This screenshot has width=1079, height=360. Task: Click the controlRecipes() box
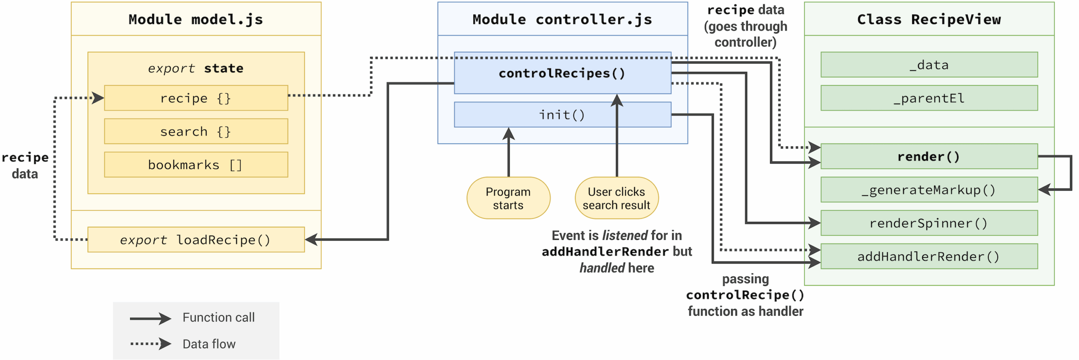[x=562, y=73]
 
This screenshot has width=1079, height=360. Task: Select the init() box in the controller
[x=562, y=114]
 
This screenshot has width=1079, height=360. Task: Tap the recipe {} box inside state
[x=196, y=98]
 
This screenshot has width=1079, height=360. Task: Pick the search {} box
[x=196, y=131]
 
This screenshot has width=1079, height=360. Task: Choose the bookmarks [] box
[x=196, y=164]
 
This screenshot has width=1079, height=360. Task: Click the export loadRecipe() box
[x=196, y=239]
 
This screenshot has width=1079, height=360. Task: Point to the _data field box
[x=929, y=64]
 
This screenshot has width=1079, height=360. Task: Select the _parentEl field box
[x=929, y=98]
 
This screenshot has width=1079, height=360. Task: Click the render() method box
[x=929, y=156]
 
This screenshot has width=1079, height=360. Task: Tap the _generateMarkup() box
[x=929, y=190]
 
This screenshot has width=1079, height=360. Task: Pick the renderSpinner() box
[x=929, y=223]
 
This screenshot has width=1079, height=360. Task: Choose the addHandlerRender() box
[x=929, y=256]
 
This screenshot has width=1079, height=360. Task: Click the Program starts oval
[x=508, y=198]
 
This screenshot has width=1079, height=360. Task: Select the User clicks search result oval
[x=617, y=198]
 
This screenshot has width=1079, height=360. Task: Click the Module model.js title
[x=196, y=19]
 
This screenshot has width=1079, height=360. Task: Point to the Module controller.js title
[x=562, y=19]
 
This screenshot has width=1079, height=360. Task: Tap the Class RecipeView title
[x=929, y=19]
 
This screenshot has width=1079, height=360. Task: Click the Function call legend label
[x=218, y=317]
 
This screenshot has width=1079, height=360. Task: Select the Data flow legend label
[x=209, y=344]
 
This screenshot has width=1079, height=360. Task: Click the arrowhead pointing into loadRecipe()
[x=311, y=239]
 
